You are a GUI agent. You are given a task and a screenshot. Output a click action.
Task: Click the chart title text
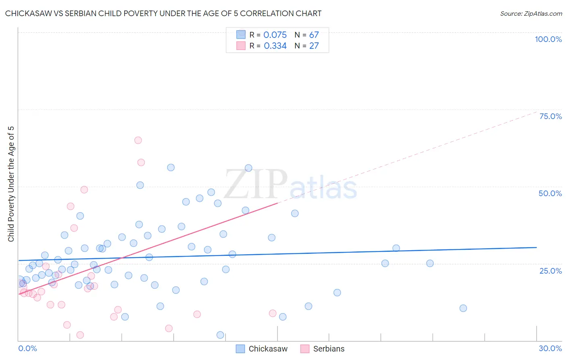pyautogui.click(x=163, y=13)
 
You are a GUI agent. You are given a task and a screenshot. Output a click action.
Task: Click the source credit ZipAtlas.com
pyautogui.click(x=531, y=13)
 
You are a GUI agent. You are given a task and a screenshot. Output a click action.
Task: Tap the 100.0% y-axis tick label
pyautogui.click(x=548, y=39)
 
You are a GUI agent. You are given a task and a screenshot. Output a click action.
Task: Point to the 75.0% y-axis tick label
pyautogui.click(x=550, y=116)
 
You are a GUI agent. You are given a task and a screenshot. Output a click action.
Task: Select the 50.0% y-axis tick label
pyautogui.click(x=550, y=193)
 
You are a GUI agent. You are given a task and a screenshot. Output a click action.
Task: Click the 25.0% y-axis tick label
pyautogui.click(x=550, y=270)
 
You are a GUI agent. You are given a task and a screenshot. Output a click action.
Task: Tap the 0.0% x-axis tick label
pyautogui.click(x=27, y=348)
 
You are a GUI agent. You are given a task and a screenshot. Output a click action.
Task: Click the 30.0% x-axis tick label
pyautogui.click(x=550, y=348)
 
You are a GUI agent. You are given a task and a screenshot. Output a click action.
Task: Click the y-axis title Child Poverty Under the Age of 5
pyautogui.click(x=11, y=184)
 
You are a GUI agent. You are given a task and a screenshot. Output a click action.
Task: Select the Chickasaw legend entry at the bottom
pyautogui.click(x=262, y=349)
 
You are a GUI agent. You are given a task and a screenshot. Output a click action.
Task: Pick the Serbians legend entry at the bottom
pyautogui.click(x=323, y=349)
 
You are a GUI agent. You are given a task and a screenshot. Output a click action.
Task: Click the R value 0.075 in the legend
pyautogui.click(x=275, y=35)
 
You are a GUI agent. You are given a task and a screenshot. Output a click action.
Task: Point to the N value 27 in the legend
pyautogui.click(x=314, y=46)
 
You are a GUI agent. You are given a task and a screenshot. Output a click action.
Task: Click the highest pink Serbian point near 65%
pyautogui.click(x=138, y=140)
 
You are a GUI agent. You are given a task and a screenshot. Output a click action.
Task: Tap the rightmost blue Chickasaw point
pyautogui.click(x=463, y=308)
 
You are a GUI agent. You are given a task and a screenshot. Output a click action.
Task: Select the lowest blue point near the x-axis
pyautogui.click(x=220, y=335)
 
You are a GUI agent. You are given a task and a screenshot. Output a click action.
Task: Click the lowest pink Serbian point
pyautogui.click(x=80, y=335)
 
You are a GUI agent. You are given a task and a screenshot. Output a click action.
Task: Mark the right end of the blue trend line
pyautogui.click(x=536, y=247)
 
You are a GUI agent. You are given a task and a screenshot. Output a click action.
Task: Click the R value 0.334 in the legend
pyautogui.click(x=275, y=46)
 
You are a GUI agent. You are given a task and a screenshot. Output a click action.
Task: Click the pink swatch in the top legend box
pyautogui.click(x=241, y=46)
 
